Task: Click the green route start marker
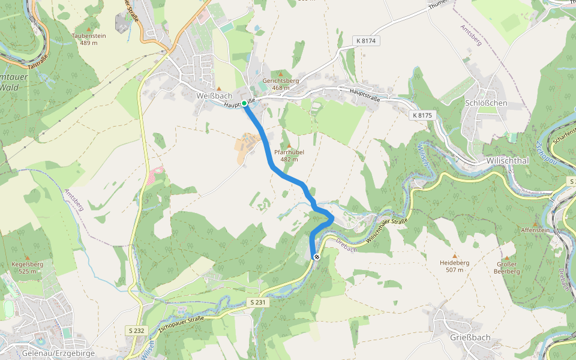pos(244,104)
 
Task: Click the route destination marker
pos(316,257)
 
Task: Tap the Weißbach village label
pos(214,96)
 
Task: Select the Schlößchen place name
pos(486,103)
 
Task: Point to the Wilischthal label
pos(507,161)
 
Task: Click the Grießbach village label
pos(470,337)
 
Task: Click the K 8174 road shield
pos(366,41)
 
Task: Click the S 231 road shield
pos(257,303)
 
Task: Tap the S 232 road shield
pos(136,330)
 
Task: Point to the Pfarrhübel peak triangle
pos(289,146)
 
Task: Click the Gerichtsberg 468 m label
pos(280,84)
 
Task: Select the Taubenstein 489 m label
pos(89,39)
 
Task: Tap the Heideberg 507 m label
pos(454,266)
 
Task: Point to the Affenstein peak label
pos(535,230)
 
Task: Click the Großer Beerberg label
pos(506,268)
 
